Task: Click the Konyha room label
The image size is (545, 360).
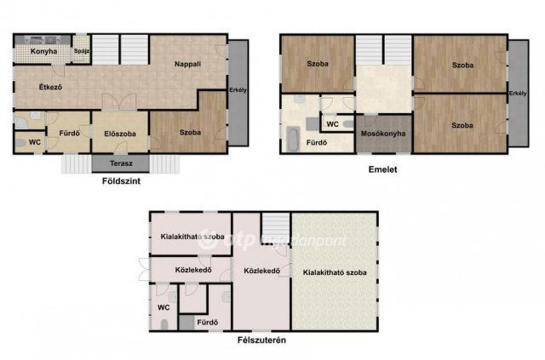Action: coord(43,51)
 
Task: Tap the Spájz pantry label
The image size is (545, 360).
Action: coord(82,51)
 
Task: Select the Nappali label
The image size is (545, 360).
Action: coord(187,64)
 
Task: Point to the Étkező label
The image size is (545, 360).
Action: coord(50,87)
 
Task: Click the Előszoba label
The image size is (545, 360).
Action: coord(120,134)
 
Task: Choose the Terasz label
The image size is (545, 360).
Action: coord(121,163)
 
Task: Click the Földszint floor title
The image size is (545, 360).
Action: coord(121,181)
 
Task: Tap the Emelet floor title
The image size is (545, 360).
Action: coord(382,169)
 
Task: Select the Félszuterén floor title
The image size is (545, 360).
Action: coord(261,340)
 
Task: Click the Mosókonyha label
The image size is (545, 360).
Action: coord(383,134)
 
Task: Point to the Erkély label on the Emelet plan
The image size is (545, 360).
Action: coord(518,93)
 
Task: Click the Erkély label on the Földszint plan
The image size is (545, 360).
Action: coord(238,90)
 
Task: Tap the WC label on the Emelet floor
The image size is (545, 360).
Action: coord(333,124)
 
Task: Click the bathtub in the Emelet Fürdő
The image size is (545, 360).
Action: coord(293,139)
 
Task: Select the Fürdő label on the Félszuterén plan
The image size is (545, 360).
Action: coord(208,323)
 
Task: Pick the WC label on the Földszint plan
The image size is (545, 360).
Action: coord(35,142)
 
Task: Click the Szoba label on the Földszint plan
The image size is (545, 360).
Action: coord(190,133)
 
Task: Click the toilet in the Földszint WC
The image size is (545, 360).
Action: coord(20,142)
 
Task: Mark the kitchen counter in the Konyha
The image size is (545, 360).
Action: coord(43,40)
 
